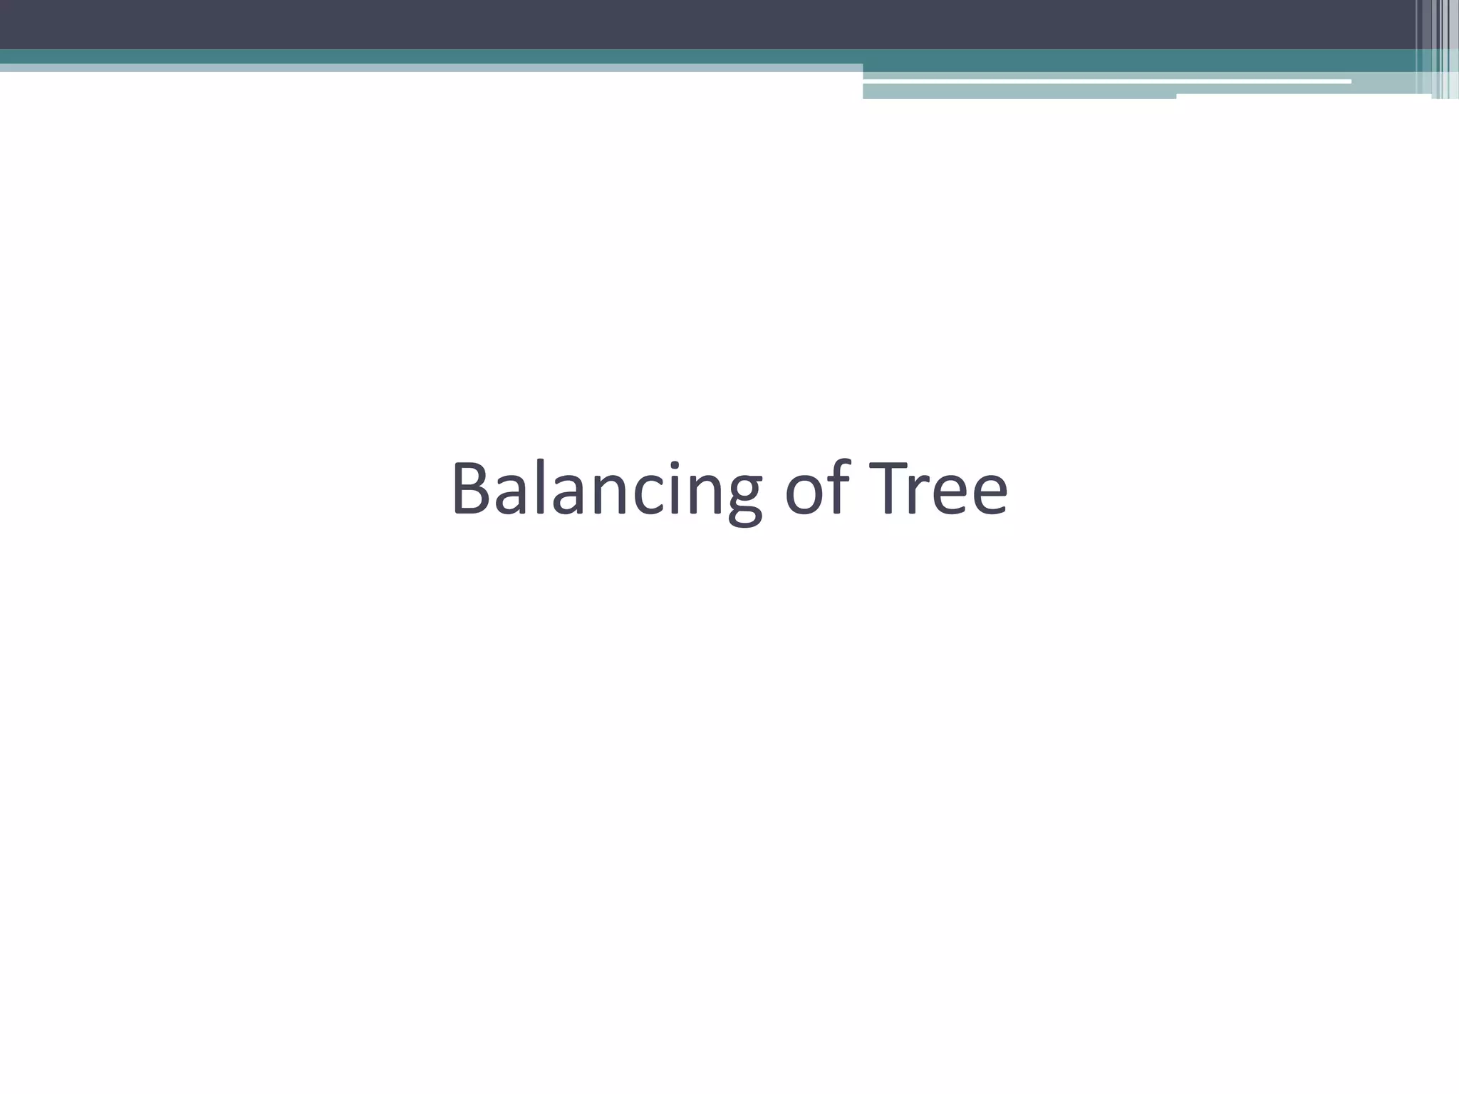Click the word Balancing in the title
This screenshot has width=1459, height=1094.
pos(606,490)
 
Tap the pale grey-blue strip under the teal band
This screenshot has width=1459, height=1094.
pos(427,68)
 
